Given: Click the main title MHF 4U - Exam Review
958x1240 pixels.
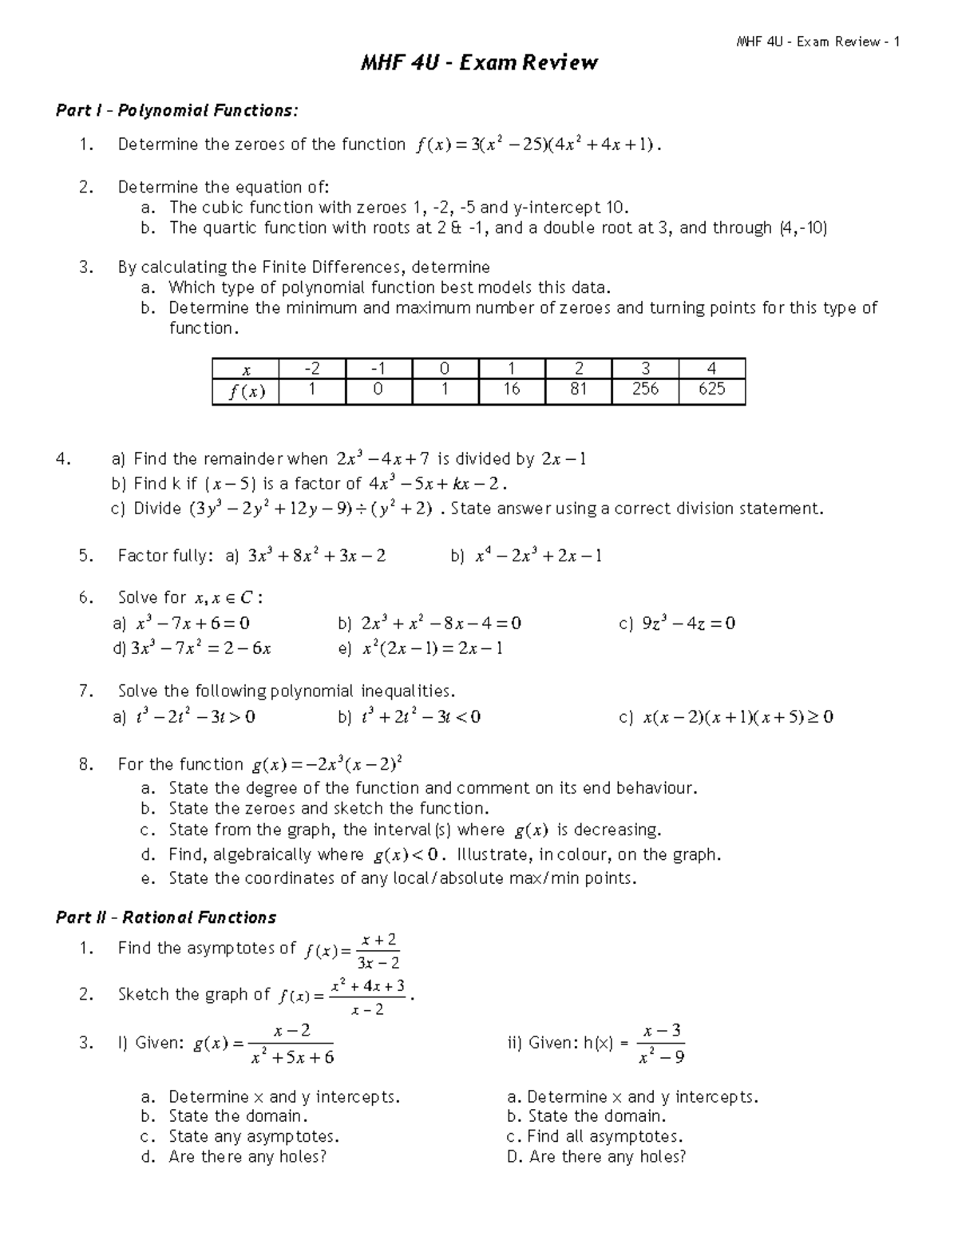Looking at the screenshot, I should (479, 63).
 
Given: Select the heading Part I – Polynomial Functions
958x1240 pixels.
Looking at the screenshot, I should (176, 110).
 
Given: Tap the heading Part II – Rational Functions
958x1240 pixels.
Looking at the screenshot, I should (166, 917).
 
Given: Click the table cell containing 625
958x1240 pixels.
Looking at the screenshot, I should (711, 389).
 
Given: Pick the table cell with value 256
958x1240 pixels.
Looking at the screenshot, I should (645, 389).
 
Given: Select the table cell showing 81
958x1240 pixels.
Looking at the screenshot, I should (578, 389).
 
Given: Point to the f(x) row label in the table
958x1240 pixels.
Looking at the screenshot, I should (246, 390).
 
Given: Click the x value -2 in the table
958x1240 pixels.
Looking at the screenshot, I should (312, 369).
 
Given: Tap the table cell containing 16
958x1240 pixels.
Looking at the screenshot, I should (511, 389).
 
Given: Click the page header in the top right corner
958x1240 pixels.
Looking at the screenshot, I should (818, 42).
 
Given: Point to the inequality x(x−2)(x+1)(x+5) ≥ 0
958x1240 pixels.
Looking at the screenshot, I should (738, 717).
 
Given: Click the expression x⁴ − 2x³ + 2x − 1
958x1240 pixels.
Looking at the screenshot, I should (539, 556).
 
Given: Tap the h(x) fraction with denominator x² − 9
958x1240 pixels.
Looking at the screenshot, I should (662, 1044).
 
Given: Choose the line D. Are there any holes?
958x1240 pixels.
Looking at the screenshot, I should (596, 1156).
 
